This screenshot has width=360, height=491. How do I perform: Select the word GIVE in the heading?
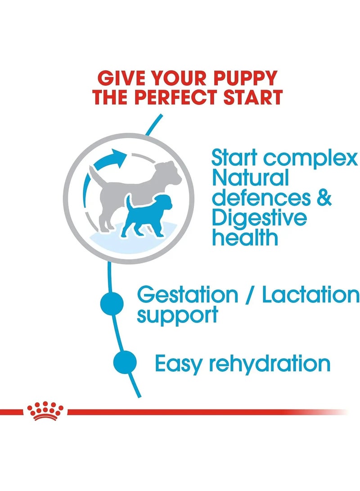(x=123, y=78)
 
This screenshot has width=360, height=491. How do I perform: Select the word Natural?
(x=250, y=179)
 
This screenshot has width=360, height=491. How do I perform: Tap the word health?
(x=245, y=237)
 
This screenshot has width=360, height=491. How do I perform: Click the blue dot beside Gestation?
(x=112, y=303)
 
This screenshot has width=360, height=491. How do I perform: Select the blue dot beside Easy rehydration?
(x=125, y=362)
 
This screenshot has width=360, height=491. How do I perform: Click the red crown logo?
(x=45, y=411)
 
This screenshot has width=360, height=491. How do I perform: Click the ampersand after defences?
(x=323, y=198)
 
